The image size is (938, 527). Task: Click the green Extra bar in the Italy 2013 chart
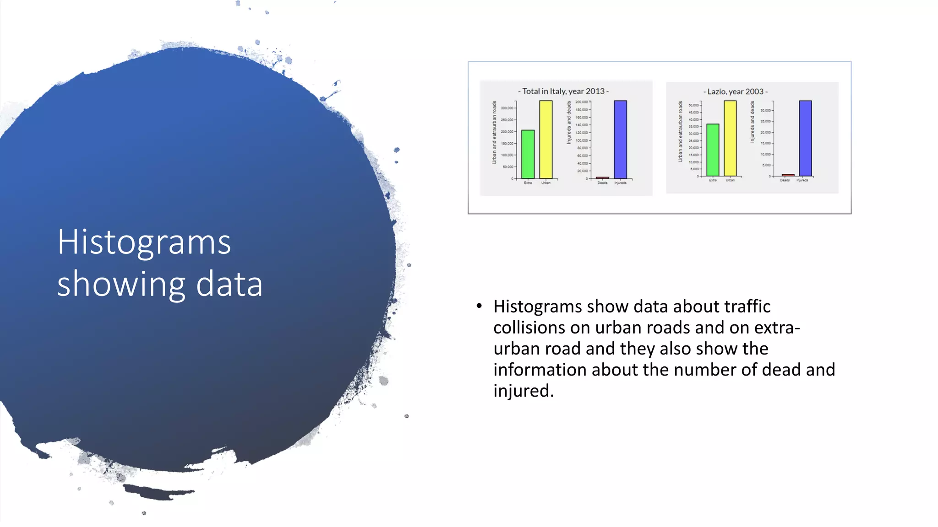coord(528,154)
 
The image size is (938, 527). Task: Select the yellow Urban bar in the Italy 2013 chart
coord(546,140)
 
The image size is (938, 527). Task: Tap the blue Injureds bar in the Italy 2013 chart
coord(620,140)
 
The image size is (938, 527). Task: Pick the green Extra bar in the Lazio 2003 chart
coord(713,150)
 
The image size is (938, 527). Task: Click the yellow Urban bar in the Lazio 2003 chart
coord(730,139)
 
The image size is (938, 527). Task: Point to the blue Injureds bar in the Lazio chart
coord(805,139)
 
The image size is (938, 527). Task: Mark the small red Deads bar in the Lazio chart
coord(788,175)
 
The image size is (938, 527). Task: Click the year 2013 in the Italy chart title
coord(595,91)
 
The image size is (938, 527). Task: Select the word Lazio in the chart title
coord(717,91)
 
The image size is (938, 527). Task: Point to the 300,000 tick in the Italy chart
coord(507,108)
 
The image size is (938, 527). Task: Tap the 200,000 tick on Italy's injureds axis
coord(582,102)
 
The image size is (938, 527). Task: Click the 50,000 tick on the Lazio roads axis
coord(693,105)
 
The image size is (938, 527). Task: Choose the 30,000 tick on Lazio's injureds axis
coord(766,110)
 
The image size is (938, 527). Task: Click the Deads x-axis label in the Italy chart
coord(602,183)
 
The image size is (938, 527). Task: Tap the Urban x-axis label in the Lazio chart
coord(730,180)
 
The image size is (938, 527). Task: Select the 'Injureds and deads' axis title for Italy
coord(569,123)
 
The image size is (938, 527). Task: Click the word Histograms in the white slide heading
coord(144,242)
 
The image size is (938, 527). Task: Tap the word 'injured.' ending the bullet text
coord(524,391)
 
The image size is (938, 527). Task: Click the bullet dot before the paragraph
coord(479,306)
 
